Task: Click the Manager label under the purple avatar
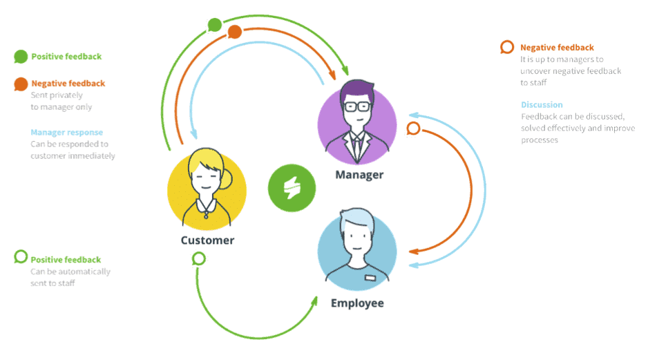pos(359,175)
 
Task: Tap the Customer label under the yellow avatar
pos(207,240)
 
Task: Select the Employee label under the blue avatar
pos(357,303)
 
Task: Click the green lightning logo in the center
pos(292,188)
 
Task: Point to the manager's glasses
pos(357,106)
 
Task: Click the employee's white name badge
pos(370,278)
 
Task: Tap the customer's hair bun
pos(227,179)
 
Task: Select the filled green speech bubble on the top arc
pos(215,25)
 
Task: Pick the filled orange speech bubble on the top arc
pos(234,32)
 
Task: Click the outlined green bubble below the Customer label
pos(198,258)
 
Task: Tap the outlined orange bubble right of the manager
pos(413,129)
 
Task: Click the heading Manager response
pos(66,133)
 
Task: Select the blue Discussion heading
pos(542,105)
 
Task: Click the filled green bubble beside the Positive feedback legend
pos(21,57)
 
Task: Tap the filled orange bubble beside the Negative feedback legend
pos(21,84)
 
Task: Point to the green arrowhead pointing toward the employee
pos(314,302)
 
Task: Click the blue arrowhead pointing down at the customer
pos(193,134)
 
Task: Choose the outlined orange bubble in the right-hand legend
pos(507,47)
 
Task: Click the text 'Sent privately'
pos(57,95)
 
